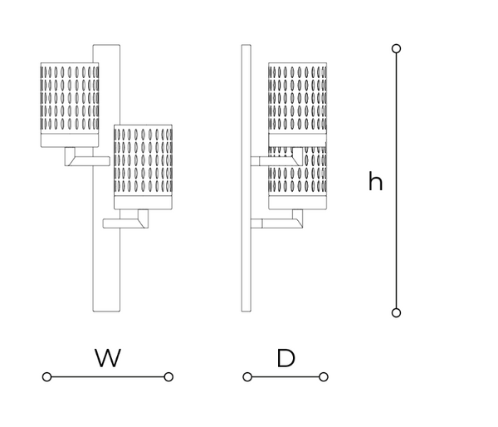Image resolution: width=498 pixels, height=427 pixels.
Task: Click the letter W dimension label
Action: [x=108, y=358]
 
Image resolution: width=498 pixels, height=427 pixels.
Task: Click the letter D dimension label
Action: [x=286, y=358]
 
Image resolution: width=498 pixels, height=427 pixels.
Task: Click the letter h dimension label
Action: [x=375, y=182]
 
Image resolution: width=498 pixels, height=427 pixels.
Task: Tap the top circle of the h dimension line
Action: [x=396, y=49]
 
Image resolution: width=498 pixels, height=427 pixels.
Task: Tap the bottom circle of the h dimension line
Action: [x=396, y=312]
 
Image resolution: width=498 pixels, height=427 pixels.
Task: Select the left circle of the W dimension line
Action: [x=46, y=377]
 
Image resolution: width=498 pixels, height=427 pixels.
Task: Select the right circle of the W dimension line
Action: [x=168, y=377]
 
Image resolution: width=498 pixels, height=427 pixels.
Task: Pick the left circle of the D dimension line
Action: [x=247, y=377]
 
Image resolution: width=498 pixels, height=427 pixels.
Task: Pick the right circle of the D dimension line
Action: [x=323, y=377]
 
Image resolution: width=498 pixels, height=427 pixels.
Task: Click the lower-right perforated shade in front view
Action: [x=143, y=166]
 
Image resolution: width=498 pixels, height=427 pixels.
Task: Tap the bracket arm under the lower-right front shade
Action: [x=129, y=222]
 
